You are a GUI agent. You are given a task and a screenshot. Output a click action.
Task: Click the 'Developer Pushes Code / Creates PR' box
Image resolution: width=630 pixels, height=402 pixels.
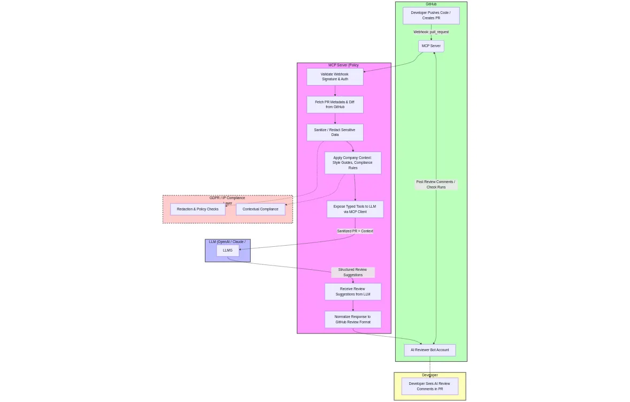pos(431,16)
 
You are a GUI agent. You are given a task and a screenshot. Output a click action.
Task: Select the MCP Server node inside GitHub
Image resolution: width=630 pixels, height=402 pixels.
pos(431,46)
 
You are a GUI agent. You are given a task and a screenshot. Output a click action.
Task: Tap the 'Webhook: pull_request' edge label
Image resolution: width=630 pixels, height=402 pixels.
pos(431,32)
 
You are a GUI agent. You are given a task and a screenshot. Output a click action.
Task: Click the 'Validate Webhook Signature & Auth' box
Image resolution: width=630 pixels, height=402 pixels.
pos(335,77)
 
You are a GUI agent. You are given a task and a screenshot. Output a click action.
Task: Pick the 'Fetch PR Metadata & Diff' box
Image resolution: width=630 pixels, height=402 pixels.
pos(335,104)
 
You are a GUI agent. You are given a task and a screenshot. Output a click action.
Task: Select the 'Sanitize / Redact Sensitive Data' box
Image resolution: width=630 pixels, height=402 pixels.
pos(335,132)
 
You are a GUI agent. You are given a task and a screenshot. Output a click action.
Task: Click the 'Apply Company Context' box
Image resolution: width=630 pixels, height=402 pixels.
pos(352,163)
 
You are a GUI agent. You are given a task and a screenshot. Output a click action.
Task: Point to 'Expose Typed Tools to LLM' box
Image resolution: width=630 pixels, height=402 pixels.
pos(355,209)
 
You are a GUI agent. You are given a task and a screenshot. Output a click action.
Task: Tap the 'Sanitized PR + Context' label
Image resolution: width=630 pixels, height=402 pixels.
pos(355,231)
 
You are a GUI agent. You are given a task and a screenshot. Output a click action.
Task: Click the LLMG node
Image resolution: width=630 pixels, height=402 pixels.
pos(228,251)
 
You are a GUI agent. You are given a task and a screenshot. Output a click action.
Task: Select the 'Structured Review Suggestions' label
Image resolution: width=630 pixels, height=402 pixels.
pos(352,272)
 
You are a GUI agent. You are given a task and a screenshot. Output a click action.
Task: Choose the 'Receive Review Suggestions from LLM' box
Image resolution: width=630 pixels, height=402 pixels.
pos(352,292)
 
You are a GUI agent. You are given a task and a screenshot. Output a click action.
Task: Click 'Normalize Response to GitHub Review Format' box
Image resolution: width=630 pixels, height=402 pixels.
pos(352,320)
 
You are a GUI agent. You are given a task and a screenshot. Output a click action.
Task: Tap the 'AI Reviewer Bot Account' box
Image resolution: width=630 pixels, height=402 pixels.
pos(429,350)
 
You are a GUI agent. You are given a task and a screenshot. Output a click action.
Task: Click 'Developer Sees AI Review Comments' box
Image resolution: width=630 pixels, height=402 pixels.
pos(429,386)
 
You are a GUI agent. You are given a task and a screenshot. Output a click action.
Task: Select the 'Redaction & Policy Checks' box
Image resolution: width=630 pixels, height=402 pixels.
pos(198,209)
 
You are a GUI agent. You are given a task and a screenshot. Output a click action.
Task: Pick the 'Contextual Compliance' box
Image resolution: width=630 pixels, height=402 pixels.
pos(260,209)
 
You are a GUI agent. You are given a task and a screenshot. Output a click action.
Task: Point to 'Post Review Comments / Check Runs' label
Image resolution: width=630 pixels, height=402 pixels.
pos(436,185)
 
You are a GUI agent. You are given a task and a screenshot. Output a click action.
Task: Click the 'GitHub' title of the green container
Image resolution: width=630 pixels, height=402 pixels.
pos(431,4)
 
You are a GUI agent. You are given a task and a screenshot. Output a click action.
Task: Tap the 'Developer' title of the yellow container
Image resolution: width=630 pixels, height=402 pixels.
pos(429,375)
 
